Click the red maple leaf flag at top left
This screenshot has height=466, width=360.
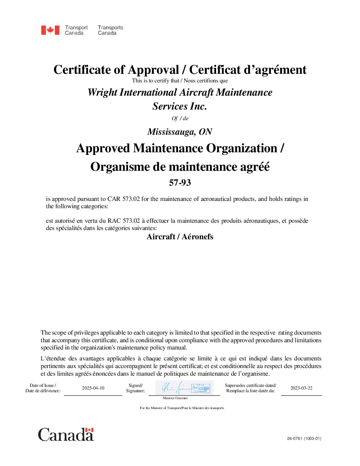(x=50, y=30)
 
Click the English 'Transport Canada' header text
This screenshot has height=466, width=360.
(x=76, y=30)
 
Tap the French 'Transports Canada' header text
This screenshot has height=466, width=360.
(x=110, y=30)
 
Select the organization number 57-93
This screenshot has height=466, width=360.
(x=180, y=183)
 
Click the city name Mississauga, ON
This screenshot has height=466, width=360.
(x=180, y=132)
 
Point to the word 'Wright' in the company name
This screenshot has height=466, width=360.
(x=102, y=92)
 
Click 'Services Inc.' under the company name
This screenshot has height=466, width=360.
(x=180, y=106)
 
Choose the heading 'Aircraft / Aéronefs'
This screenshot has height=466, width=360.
(x=180, y=237)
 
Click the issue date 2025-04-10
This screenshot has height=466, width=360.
(x=93, y=388)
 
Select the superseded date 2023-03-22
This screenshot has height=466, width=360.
(x=301, y=388)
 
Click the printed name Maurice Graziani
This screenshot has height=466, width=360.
(x=175, y=398)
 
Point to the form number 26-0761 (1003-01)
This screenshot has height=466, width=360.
(x=304, y=439)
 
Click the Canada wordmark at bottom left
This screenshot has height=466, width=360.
(x=66, y=435)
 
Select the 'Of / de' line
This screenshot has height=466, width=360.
(x=180, y=118)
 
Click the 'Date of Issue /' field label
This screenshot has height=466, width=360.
(x=43, y=385)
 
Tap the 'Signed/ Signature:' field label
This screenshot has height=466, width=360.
(x=135, y=388)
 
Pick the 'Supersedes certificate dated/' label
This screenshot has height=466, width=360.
(x=250, y=385)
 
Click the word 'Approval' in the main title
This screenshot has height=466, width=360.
(x=153, y=70)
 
